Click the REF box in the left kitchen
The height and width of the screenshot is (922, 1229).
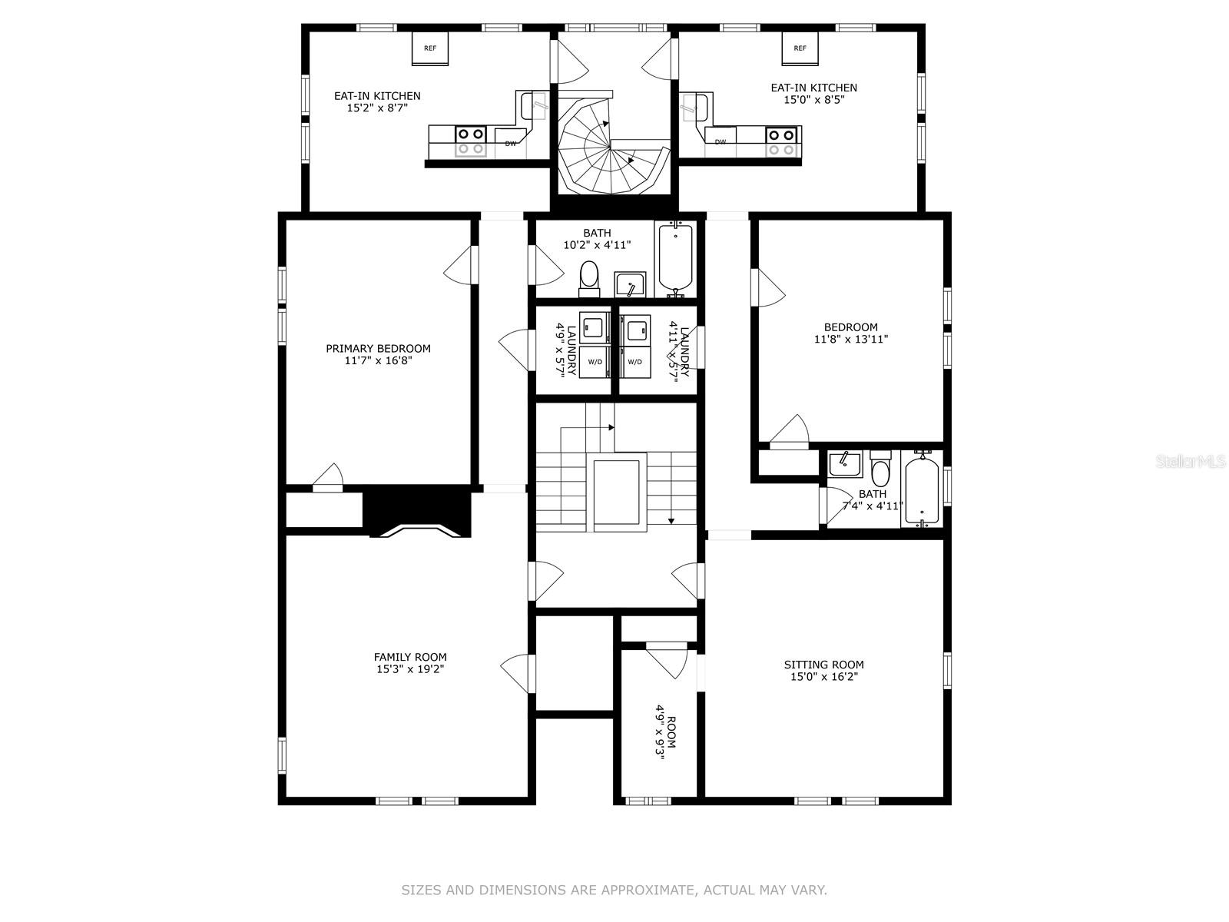tap(430, 48)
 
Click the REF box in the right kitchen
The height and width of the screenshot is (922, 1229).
tap(800, 48)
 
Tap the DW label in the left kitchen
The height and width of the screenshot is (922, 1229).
tap(511, 144)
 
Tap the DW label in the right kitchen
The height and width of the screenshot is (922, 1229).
tap(721, 142)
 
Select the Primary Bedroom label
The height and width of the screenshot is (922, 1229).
tap(379, 354)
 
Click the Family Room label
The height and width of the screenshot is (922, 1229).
tap(410, 663)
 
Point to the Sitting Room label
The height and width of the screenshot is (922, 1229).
tap(823, 670)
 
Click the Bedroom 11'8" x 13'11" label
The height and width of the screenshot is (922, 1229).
tap(851, 333)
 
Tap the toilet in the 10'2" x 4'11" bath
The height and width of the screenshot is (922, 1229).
tap(589, 279)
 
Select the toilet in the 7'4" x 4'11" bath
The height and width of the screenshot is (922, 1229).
tap(881, 468)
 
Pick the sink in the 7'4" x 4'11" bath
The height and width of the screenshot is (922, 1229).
tap(845, 465)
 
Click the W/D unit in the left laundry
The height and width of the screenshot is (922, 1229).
tap(595, 362)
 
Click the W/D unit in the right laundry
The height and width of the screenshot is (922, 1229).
tap(635, 362)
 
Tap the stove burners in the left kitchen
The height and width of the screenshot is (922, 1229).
tap(470, 141)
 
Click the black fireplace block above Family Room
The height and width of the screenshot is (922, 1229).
tap(418, 511)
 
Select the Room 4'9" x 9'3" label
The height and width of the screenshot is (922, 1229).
tap(666, 738)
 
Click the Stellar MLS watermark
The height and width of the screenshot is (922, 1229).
tap(1189, 461)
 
